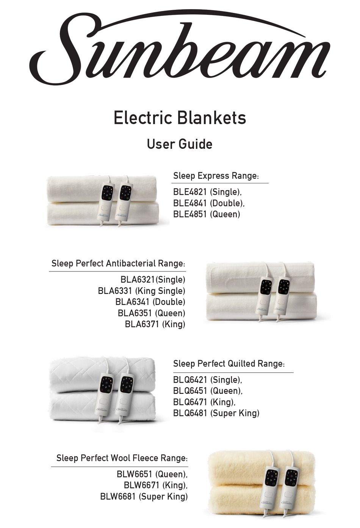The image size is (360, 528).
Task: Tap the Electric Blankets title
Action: point(180,118)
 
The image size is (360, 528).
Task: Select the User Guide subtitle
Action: point(180,144)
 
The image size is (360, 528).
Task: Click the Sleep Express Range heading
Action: point(216,176)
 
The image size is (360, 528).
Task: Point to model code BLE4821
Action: point(190,192)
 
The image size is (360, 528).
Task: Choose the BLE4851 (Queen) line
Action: point(207,214)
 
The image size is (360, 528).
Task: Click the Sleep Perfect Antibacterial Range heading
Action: point(118,264)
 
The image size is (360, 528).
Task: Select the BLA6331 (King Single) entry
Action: point(141,291)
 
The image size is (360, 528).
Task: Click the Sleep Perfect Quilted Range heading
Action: point(229,364)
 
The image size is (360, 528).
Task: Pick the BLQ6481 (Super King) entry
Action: point(216,413)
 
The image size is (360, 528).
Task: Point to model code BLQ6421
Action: point(190,380)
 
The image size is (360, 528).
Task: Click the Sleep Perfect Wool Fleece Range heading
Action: point(122,458)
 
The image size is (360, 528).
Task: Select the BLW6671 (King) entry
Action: point(155,485)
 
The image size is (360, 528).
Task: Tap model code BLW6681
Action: point(117,497)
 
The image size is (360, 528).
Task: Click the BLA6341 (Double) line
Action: point(150,302)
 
